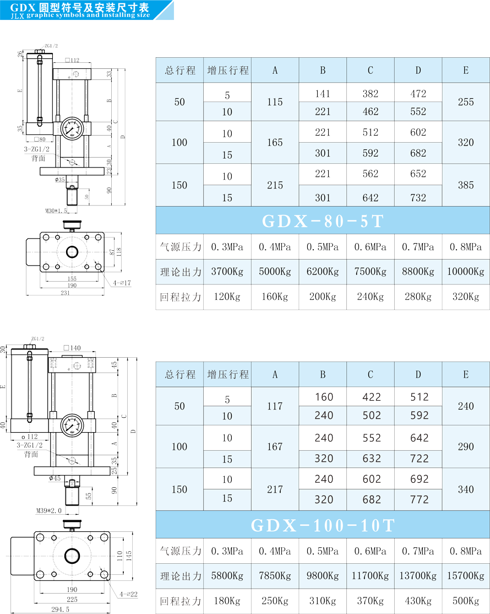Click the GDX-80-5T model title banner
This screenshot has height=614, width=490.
pyautogui.click(x=323, y=220)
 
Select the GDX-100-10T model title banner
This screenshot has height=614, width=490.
pyautogui.click(x=323, y=525)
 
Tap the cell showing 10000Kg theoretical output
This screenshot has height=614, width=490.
pyautogui.click(x=466, y=271)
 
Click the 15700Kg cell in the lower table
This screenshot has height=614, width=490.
pyautogui.click(x=466, y=575)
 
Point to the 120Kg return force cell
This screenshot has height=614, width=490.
pyautogui.click(x=227, y=297)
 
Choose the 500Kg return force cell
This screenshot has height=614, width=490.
pyautogui.click(x=466, y=601)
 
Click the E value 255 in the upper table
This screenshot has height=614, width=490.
pyautogui.click(x=466, y=102)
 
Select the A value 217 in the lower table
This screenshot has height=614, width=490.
pyautogui.click(x=275, y=489)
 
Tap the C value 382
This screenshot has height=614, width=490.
pyautogui.click(x=371, y=94)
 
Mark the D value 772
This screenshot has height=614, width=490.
pyautogui.click(x=418, y=499)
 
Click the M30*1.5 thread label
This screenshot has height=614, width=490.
pyautogui.click(x=56, y=210)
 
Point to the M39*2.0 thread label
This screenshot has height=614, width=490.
pyautogui.click(x=49, y=511)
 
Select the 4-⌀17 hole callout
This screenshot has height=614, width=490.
pyautogui.click(x=121, y=283)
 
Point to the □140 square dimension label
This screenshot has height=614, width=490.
pyautogui.click(x=72, y=348)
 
